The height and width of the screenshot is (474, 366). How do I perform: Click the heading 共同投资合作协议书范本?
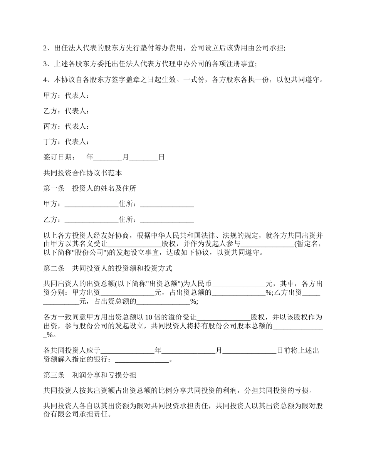(83, 173)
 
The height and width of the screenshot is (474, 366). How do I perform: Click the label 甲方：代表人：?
(67, 96)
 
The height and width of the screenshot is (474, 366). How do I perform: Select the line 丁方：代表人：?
(67, 142)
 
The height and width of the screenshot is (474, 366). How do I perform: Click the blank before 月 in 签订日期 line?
(107, 158)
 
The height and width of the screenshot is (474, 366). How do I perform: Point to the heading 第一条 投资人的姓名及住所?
(90, 188)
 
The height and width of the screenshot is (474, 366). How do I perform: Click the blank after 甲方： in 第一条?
(91, 205)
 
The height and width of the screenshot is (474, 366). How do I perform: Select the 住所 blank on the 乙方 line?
(166, 220)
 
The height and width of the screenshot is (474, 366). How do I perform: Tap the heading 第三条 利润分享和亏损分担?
(90, 375)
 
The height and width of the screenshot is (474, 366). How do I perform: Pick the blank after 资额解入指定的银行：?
(142, 360)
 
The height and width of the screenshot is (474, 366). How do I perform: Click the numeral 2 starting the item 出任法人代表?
(45, 48)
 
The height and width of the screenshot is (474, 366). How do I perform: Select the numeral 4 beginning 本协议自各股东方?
(45, 80)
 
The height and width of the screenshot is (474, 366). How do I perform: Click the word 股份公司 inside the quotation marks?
(87, 253)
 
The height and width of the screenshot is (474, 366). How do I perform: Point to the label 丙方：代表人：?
(67, 126)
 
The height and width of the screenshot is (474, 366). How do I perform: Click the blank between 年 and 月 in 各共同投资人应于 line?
(188, 351)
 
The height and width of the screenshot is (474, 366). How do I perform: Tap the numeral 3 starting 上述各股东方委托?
(45, 64)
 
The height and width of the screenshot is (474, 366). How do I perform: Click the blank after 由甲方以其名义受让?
(134, 244)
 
